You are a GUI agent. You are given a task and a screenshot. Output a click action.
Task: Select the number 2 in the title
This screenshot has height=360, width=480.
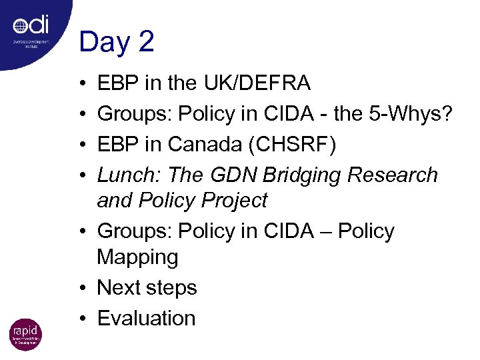(146, 42)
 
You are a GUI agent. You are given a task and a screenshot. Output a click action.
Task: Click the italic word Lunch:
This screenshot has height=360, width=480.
(129, 175)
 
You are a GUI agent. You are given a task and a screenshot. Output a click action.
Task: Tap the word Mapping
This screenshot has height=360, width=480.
(137, 257)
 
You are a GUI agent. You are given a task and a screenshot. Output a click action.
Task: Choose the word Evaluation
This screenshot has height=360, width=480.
(146, 318)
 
